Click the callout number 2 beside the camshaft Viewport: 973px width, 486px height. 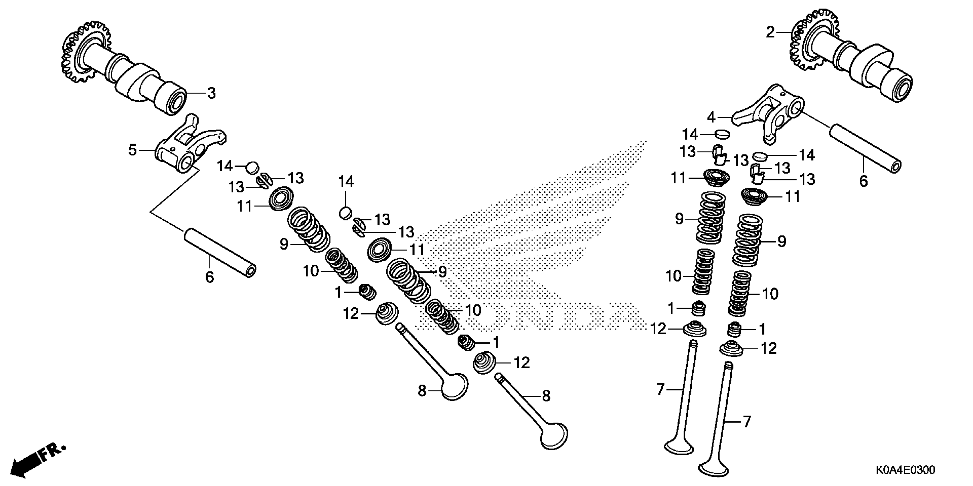pyautogui.click(x=770, y=33)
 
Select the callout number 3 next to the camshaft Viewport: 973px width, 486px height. pyautogui.click(x=211, y=93)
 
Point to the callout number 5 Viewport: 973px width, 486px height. pyautogui.click(x=132, y=150)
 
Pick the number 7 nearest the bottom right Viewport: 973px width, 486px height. pyautogui.click(x=746, y=421)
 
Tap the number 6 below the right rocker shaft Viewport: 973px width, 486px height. pyautogui.click(x=863, y=182)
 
